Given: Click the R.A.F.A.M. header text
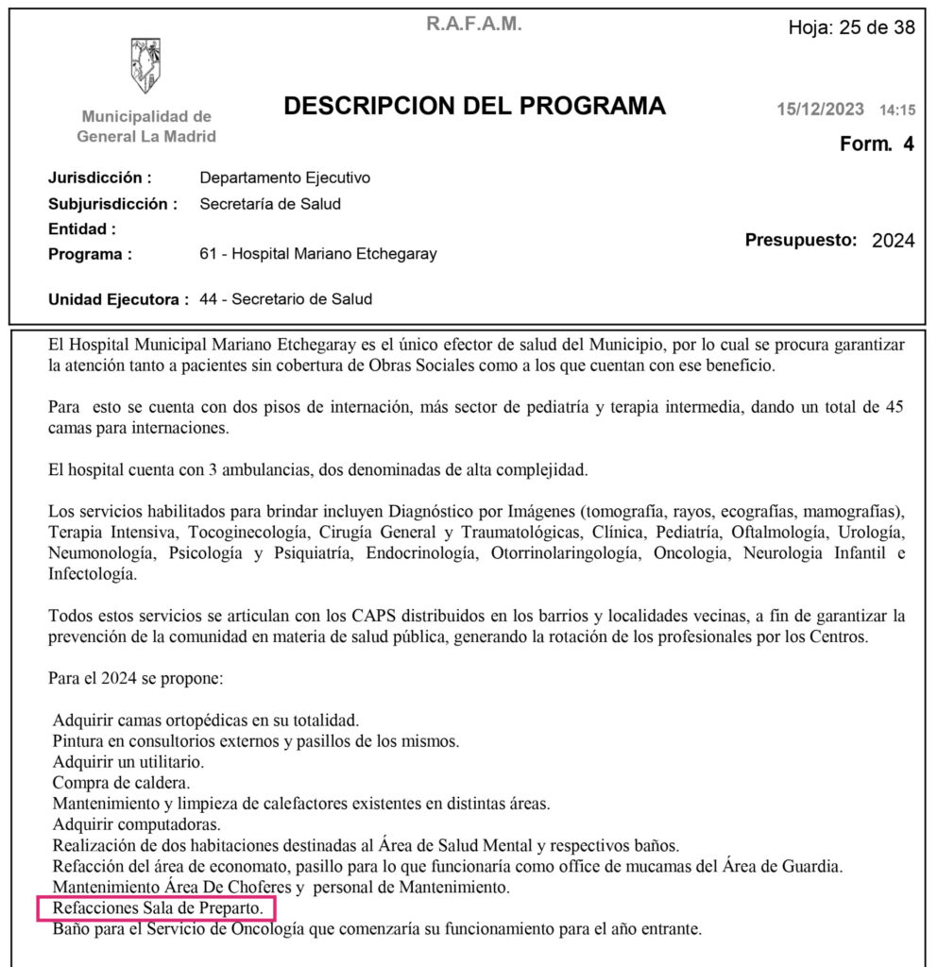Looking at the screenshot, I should (x=473, y=25).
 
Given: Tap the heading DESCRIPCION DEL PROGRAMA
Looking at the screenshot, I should (x=474, y=106).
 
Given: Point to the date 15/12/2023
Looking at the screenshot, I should (x=820, y=110).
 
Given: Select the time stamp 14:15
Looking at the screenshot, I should (x=897, y=110).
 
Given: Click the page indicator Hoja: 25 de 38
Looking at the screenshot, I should (x=851, y=27).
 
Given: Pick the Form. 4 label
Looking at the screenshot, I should (x=877, y=144).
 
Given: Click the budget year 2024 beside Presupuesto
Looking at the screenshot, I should (x=893, y=240).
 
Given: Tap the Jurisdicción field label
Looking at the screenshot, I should (x=99, y=178).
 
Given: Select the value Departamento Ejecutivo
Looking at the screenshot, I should (x=285, y=178).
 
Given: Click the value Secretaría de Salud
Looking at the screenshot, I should (x=270, y=203).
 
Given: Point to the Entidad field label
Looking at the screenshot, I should (x=82, y=229).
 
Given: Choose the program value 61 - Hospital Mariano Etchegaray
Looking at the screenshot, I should (x=318, y=254).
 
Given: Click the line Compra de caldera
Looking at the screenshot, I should (x=122, y=783).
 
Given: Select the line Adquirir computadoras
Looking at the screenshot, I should (x=137, y=824).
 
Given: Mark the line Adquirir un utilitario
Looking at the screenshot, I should (x=128, y=762).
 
